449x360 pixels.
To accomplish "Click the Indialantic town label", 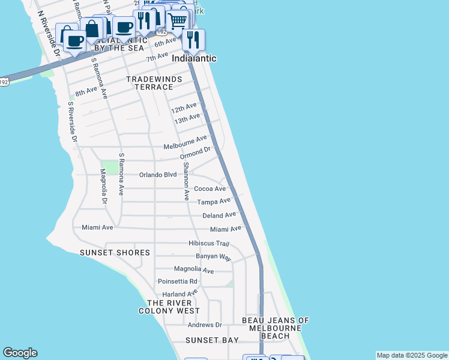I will pyautogui.click(x=194, y=59).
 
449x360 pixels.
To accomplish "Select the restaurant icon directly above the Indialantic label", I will pyautogui.click(x=193, y=40).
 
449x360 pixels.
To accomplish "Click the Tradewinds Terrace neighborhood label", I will pyautogui.click(x=149, y=83).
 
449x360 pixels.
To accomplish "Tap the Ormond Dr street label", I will pyautogui.click(x=196, y=153).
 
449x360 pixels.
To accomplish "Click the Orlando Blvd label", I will pyautogui.click(x=158, y=175).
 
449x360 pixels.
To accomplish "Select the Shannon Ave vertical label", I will pyautogui.click(x=186, y=181).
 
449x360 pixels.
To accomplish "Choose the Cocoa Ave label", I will pyautogui.click(x=209, y=188).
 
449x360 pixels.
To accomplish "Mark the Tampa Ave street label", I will pyautogui.click(x=214, y=202).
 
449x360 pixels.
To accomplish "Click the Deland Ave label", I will pyautogui.click(x=219, y=215).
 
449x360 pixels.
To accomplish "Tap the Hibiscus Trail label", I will pyautogui.click(x=209, y=244).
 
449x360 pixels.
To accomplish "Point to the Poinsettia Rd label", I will pyautogui.click(x=177, y=281).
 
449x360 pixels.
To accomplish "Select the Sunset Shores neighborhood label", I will pyautogui.click(x=115, y=253).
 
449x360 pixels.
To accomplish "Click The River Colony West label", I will pyautogui.click(x=169, y=307).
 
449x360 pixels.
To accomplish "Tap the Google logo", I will pyautogui.click(x=20, y=353).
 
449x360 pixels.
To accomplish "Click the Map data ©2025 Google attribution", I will pyautogui.click(x=412, y=355).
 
